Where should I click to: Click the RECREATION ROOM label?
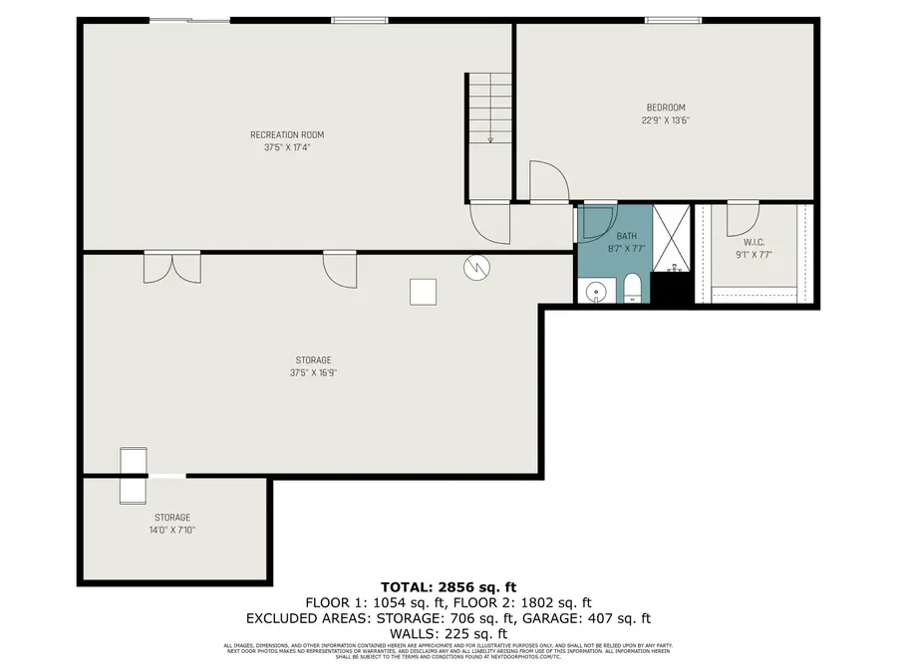tap(286, 134)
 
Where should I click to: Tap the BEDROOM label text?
tap(665, 108)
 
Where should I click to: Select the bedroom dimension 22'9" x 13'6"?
tap(665, 120)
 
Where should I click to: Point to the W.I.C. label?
tap(752, 241)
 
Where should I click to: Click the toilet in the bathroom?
tap(630, 290)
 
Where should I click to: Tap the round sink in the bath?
tap(595, 292)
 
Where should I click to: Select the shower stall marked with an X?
tap(674, 238)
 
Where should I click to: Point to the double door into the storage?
tap(171, 266)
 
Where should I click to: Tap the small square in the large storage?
tap(423, 292)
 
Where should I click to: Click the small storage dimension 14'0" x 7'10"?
tap(172, 530)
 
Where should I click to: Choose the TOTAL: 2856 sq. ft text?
tap(448, 586)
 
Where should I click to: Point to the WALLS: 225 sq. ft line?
tap(448, 633)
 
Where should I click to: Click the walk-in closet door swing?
tap(743, 217)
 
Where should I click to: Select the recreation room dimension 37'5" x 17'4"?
tap(286, 147)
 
